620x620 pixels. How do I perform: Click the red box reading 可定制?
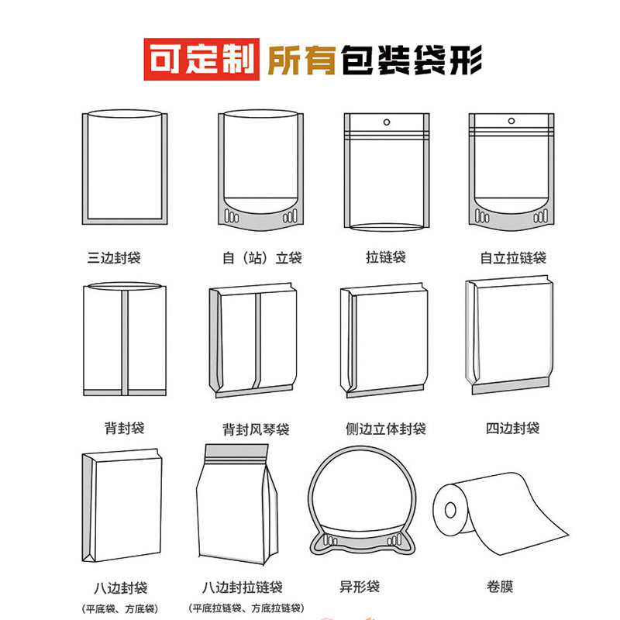[201, 60]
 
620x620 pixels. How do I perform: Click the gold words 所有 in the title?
[301, 60]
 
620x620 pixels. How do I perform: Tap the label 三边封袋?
[114, 258]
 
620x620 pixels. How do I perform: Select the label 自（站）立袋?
[262, 258]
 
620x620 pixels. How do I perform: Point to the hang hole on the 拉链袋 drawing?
[387, 122]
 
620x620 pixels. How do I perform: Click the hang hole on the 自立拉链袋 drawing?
[511, 121]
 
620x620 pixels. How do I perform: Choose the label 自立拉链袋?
[513, 258]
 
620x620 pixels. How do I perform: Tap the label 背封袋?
[124, 428]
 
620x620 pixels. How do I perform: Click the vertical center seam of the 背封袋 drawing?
[125, 343]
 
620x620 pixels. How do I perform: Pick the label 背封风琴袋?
[256, 429]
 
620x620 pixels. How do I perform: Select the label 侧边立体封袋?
[385, 429]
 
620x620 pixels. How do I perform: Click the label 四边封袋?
[512, 428]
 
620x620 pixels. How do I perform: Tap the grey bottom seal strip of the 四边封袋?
[511, 386]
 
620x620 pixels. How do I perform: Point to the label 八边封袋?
[120, 588]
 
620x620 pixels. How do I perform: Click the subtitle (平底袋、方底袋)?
[120, 608]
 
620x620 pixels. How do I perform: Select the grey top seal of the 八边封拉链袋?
[236, 451]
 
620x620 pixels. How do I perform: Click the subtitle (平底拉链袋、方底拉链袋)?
[246, 608]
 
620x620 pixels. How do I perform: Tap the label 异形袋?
[360, 587]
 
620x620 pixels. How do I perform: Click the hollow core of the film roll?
[450, 510]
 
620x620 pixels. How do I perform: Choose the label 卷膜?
[500, 587]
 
